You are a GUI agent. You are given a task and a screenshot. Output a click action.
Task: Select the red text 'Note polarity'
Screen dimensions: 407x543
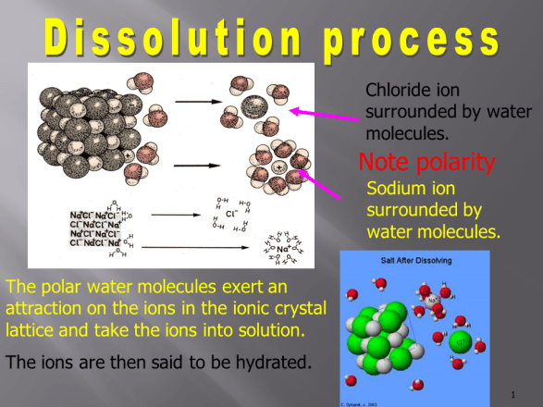tap(426, 164)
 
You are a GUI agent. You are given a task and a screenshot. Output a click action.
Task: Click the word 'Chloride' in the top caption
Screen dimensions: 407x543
tap(399, 92)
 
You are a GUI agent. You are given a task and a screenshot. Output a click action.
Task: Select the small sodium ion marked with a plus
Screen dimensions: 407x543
tap(278, 168)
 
